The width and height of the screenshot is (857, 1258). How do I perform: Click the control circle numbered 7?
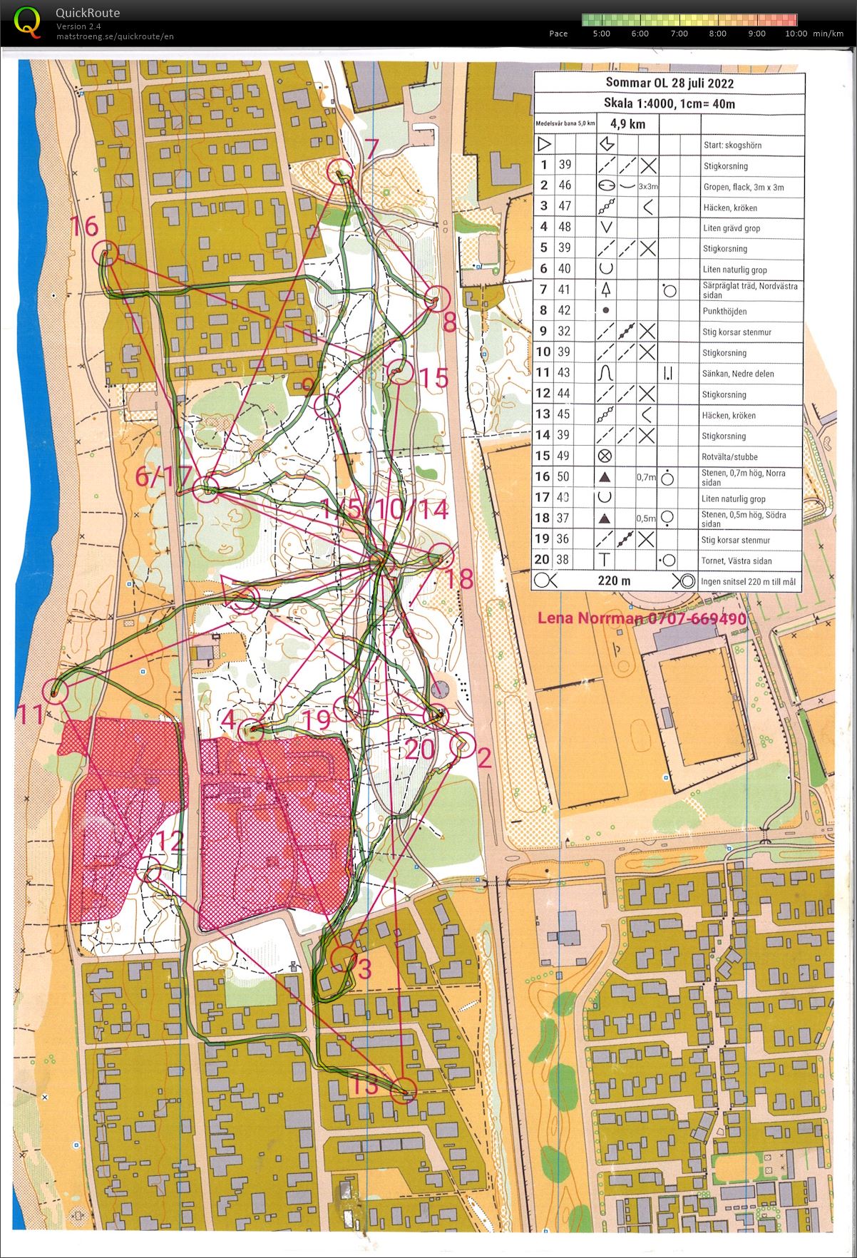click(x=340, y=171)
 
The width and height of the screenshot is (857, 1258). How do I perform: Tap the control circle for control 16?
click(x=106, y=254)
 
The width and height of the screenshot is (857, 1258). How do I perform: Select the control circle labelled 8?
click(x=436, y=298)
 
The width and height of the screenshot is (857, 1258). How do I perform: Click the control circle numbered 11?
click(x=55, y=691)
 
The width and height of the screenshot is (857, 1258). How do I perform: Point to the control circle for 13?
click(x=404, y=1091)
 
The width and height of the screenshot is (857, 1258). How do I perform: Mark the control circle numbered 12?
click(x=152, y=873)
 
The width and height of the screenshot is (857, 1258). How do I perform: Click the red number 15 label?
click(x=433, y=377)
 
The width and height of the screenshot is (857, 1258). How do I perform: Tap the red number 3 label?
click(x=365, y=968)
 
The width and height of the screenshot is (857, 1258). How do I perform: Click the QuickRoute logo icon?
click(x=27, y=21)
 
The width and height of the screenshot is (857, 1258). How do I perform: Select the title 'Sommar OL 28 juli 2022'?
click(x=669, y=83)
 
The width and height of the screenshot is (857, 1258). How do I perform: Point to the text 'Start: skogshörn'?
click(x=732, y=145)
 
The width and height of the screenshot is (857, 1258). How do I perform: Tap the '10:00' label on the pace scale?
click(x=796, y=34)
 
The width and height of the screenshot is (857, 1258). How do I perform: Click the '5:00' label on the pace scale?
click(x=601, y=34)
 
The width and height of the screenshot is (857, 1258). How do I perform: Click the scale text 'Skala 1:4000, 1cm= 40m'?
click(x=669, y=103)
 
